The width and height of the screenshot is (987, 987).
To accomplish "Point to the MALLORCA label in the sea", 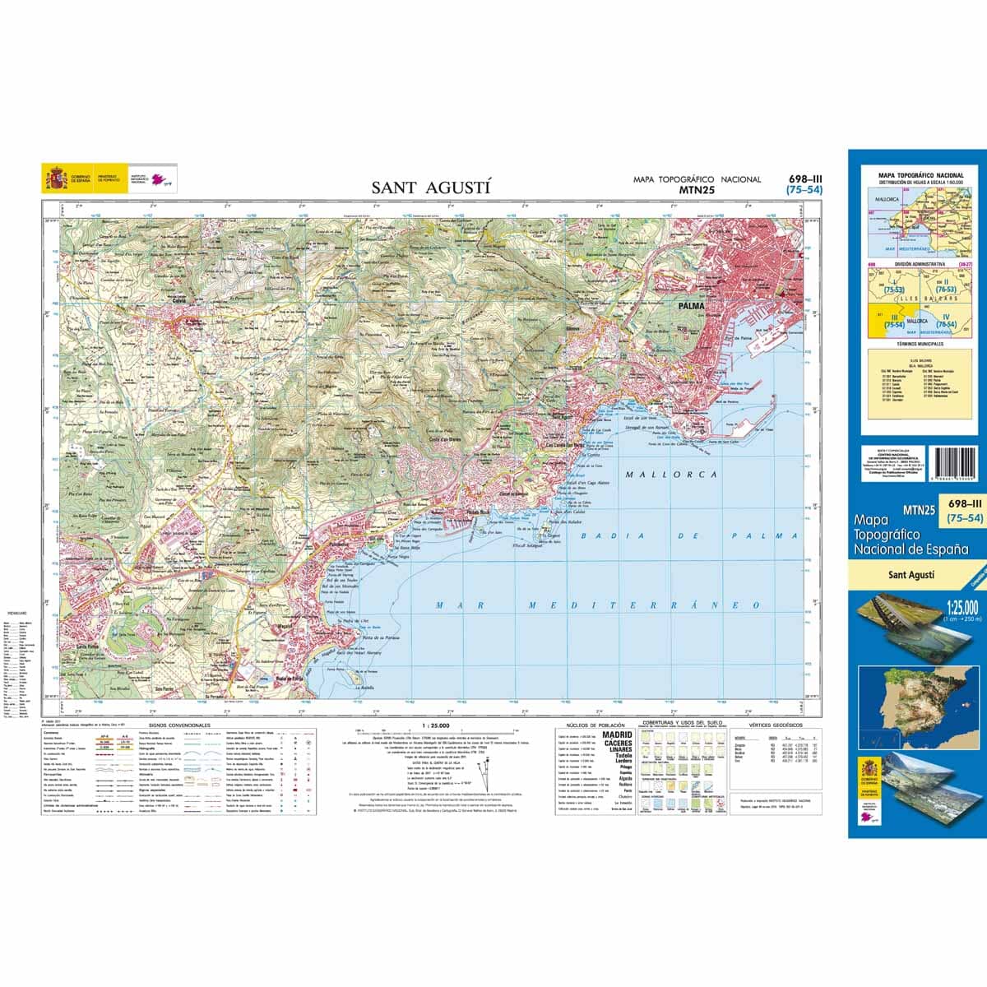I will pyautogui.click(x=671, y=475).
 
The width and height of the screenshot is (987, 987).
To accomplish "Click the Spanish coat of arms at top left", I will pyautogui.click(x=56, y=178).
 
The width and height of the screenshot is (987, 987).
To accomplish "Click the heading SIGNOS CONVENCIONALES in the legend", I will pyautogui.click(x=180, y=726).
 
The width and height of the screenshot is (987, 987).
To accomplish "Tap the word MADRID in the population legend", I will pyautogui.click(x=618, y=734).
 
